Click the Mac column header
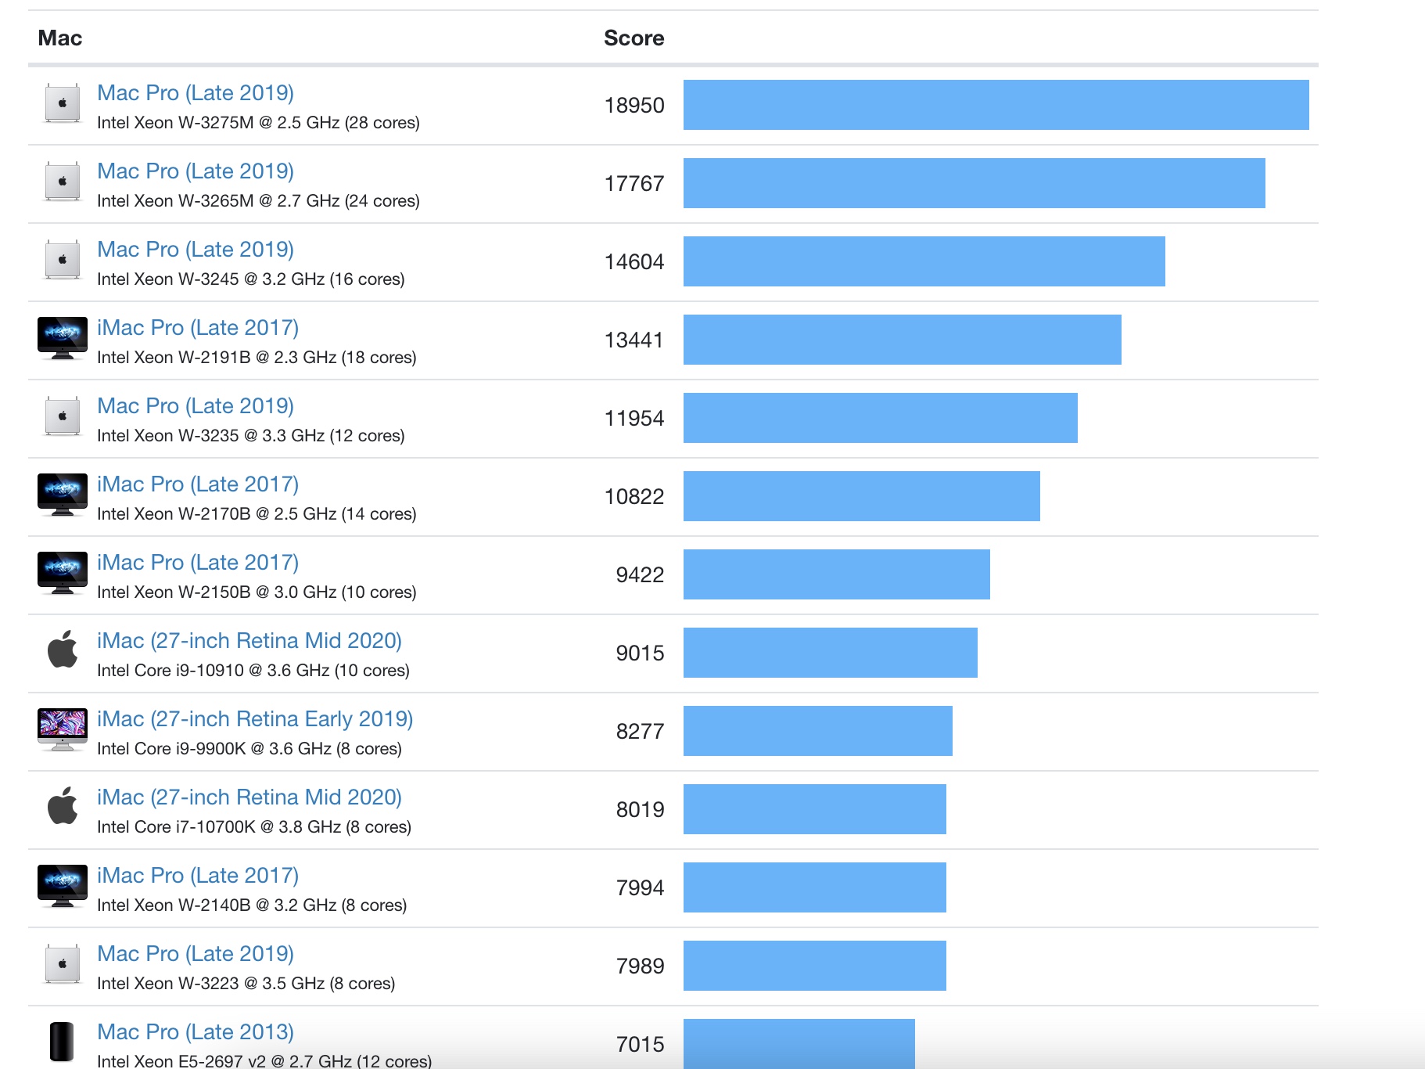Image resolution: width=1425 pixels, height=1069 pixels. [59, 38]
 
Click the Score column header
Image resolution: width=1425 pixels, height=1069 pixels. [634, 38]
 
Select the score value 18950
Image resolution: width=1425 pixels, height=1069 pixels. [634, 106]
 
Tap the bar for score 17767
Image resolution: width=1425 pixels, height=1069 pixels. [974, 183]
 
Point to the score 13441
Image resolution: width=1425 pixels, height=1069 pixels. [634, 340]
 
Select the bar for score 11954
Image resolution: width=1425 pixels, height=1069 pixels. [880, 418]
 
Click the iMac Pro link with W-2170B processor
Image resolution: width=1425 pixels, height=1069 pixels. [198, 484]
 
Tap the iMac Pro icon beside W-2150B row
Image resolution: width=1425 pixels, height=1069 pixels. [63, 573]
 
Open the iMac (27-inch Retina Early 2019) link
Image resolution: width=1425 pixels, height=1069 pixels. [255, 719]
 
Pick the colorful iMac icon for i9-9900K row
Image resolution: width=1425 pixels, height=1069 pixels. [63, 729]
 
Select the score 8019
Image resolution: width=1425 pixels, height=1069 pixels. [639, 810]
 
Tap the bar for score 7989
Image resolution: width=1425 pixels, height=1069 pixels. [814, 966]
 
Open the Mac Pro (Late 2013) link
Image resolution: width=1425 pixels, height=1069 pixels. [196, 1032]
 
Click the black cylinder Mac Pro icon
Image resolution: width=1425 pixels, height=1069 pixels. [62, 1042]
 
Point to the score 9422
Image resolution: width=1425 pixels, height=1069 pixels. [639, 575]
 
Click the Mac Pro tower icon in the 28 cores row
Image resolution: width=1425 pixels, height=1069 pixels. [63, 103]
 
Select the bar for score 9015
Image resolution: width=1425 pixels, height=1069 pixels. [830, 653]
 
